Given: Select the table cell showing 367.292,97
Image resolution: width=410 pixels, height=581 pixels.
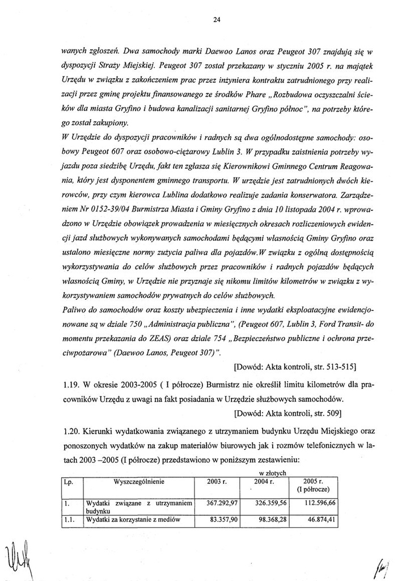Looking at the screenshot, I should coord(221,503).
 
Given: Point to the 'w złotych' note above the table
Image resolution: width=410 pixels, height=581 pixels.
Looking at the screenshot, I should coord(272,473).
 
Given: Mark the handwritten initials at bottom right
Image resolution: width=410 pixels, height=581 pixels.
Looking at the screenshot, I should coord(388,565).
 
